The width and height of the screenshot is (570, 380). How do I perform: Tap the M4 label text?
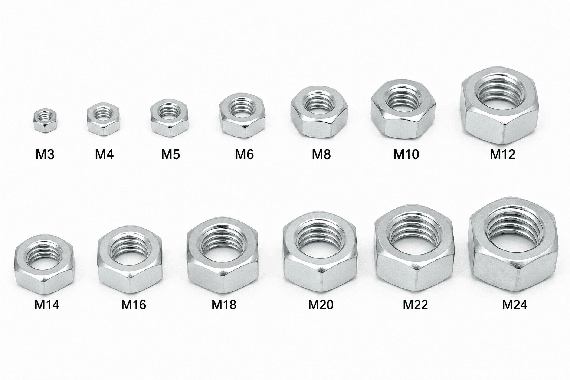coord(104,154)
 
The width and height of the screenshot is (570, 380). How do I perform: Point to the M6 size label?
coord(244,154)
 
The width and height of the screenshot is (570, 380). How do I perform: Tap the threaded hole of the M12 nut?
coord(501,93)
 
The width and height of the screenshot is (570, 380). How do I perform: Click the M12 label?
coord(502,154)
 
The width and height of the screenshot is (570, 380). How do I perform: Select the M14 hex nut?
coord(44,264)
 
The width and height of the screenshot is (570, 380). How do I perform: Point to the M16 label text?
coord(134,305)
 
